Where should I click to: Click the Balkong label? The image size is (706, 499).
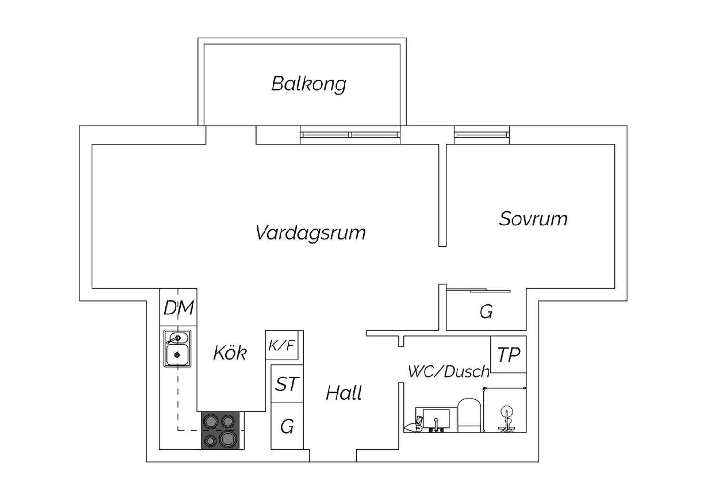(x=309, y=84)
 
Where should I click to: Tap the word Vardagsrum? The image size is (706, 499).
(x=311, y=233)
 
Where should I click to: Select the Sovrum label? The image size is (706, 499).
(x=533, y=219)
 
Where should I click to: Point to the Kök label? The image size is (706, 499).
(x=230, y=353)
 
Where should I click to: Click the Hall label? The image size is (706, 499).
(x=344, y=393)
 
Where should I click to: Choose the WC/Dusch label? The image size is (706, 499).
(x=449, y=371)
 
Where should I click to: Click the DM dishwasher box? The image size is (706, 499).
(x=178, y=308)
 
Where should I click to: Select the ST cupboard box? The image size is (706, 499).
(x=287, y=384)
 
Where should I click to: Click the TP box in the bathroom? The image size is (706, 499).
(x=508, y=354)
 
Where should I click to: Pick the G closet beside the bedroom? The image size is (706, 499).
(x=486, y=312)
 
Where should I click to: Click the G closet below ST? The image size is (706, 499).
(x=287, y=427)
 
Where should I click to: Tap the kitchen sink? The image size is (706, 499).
(x=177, y=348)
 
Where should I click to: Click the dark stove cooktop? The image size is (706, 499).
(x=223, y=430)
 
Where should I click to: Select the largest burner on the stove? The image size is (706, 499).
(x=228, y=438)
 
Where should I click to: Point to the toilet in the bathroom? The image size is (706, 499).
(x=468, y=414)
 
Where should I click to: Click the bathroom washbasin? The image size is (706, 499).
(x=436, y=418)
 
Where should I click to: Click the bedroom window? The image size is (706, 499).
(x=481, y=135)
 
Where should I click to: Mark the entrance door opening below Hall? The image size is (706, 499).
(x=333, y=456)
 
